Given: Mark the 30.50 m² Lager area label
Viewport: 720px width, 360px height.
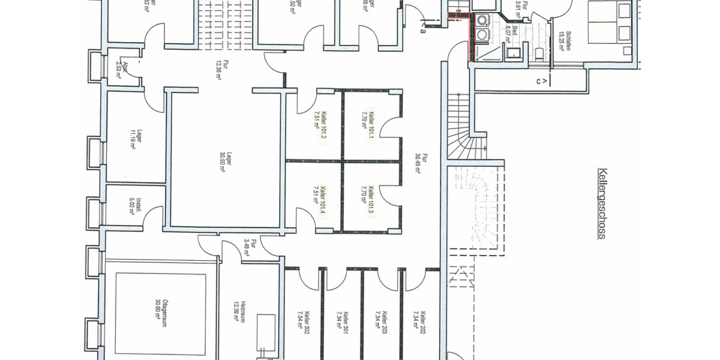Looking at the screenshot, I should click(x=226, y=161).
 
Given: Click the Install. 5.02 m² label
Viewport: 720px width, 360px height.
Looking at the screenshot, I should click(x=135, y=206).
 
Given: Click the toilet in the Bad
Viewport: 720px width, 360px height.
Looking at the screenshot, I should click(x=539, y=55).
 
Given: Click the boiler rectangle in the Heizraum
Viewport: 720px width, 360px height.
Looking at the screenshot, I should click(x=266, y=332).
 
